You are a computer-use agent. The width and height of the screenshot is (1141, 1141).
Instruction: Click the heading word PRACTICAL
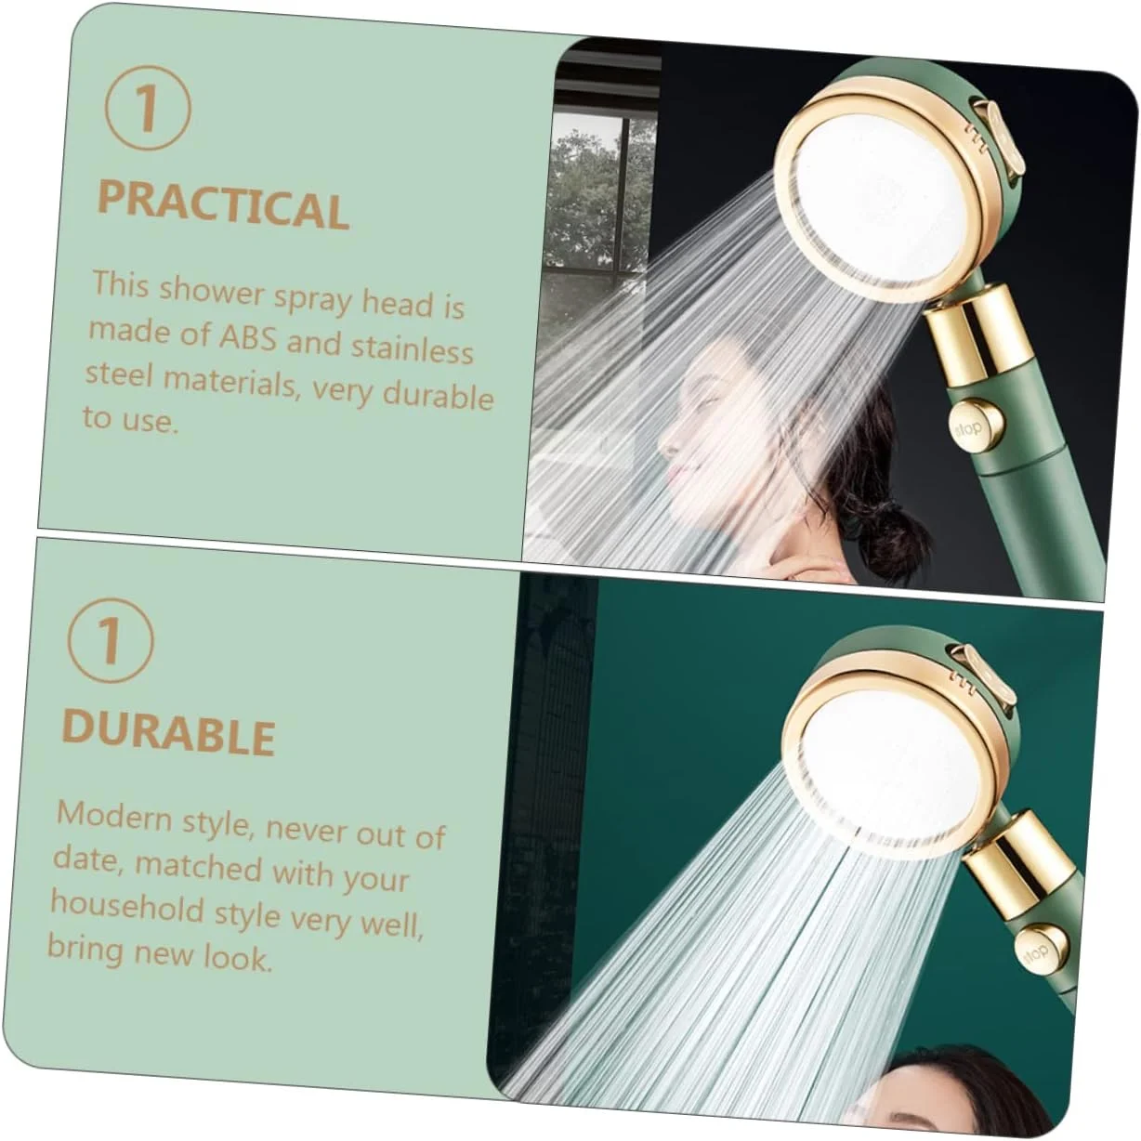[223, 204]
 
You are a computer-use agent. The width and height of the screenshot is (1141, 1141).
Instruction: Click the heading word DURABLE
[168, 733]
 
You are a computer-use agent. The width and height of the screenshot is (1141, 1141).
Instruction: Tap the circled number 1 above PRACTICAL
[148, 108]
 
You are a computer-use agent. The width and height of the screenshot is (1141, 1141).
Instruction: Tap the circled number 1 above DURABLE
[111, 641]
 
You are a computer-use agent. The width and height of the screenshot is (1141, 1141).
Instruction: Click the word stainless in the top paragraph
[413, 349]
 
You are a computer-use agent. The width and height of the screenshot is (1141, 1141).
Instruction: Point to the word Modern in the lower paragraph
[112, 815]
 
